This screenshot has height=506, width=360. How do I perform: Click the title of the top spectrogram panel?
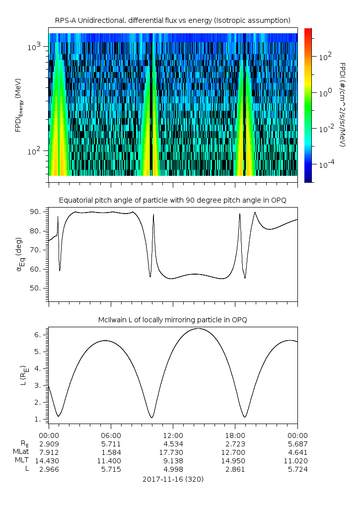(x=173, y=20)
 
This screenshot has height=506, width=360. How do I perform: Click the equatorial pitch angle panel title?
(x=173, y=200)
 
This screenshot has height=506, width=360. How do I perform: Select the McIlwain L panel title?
(x=173, y=319)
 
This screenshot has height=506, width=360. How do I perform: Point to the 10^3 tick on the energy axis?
(x=36, y=47)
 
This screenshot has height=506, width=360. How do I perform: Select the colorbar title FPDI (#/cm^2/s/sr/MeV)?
(x=343, y=105)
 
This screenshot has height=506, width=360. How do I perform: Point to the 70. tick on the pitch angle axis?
(x=37, y=250)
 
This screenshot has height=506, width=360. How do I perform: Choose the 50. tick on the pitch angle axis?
(x=37, y=289)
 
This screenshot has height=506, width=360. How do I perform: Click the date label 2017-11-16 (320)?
(x=173, y=480)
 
